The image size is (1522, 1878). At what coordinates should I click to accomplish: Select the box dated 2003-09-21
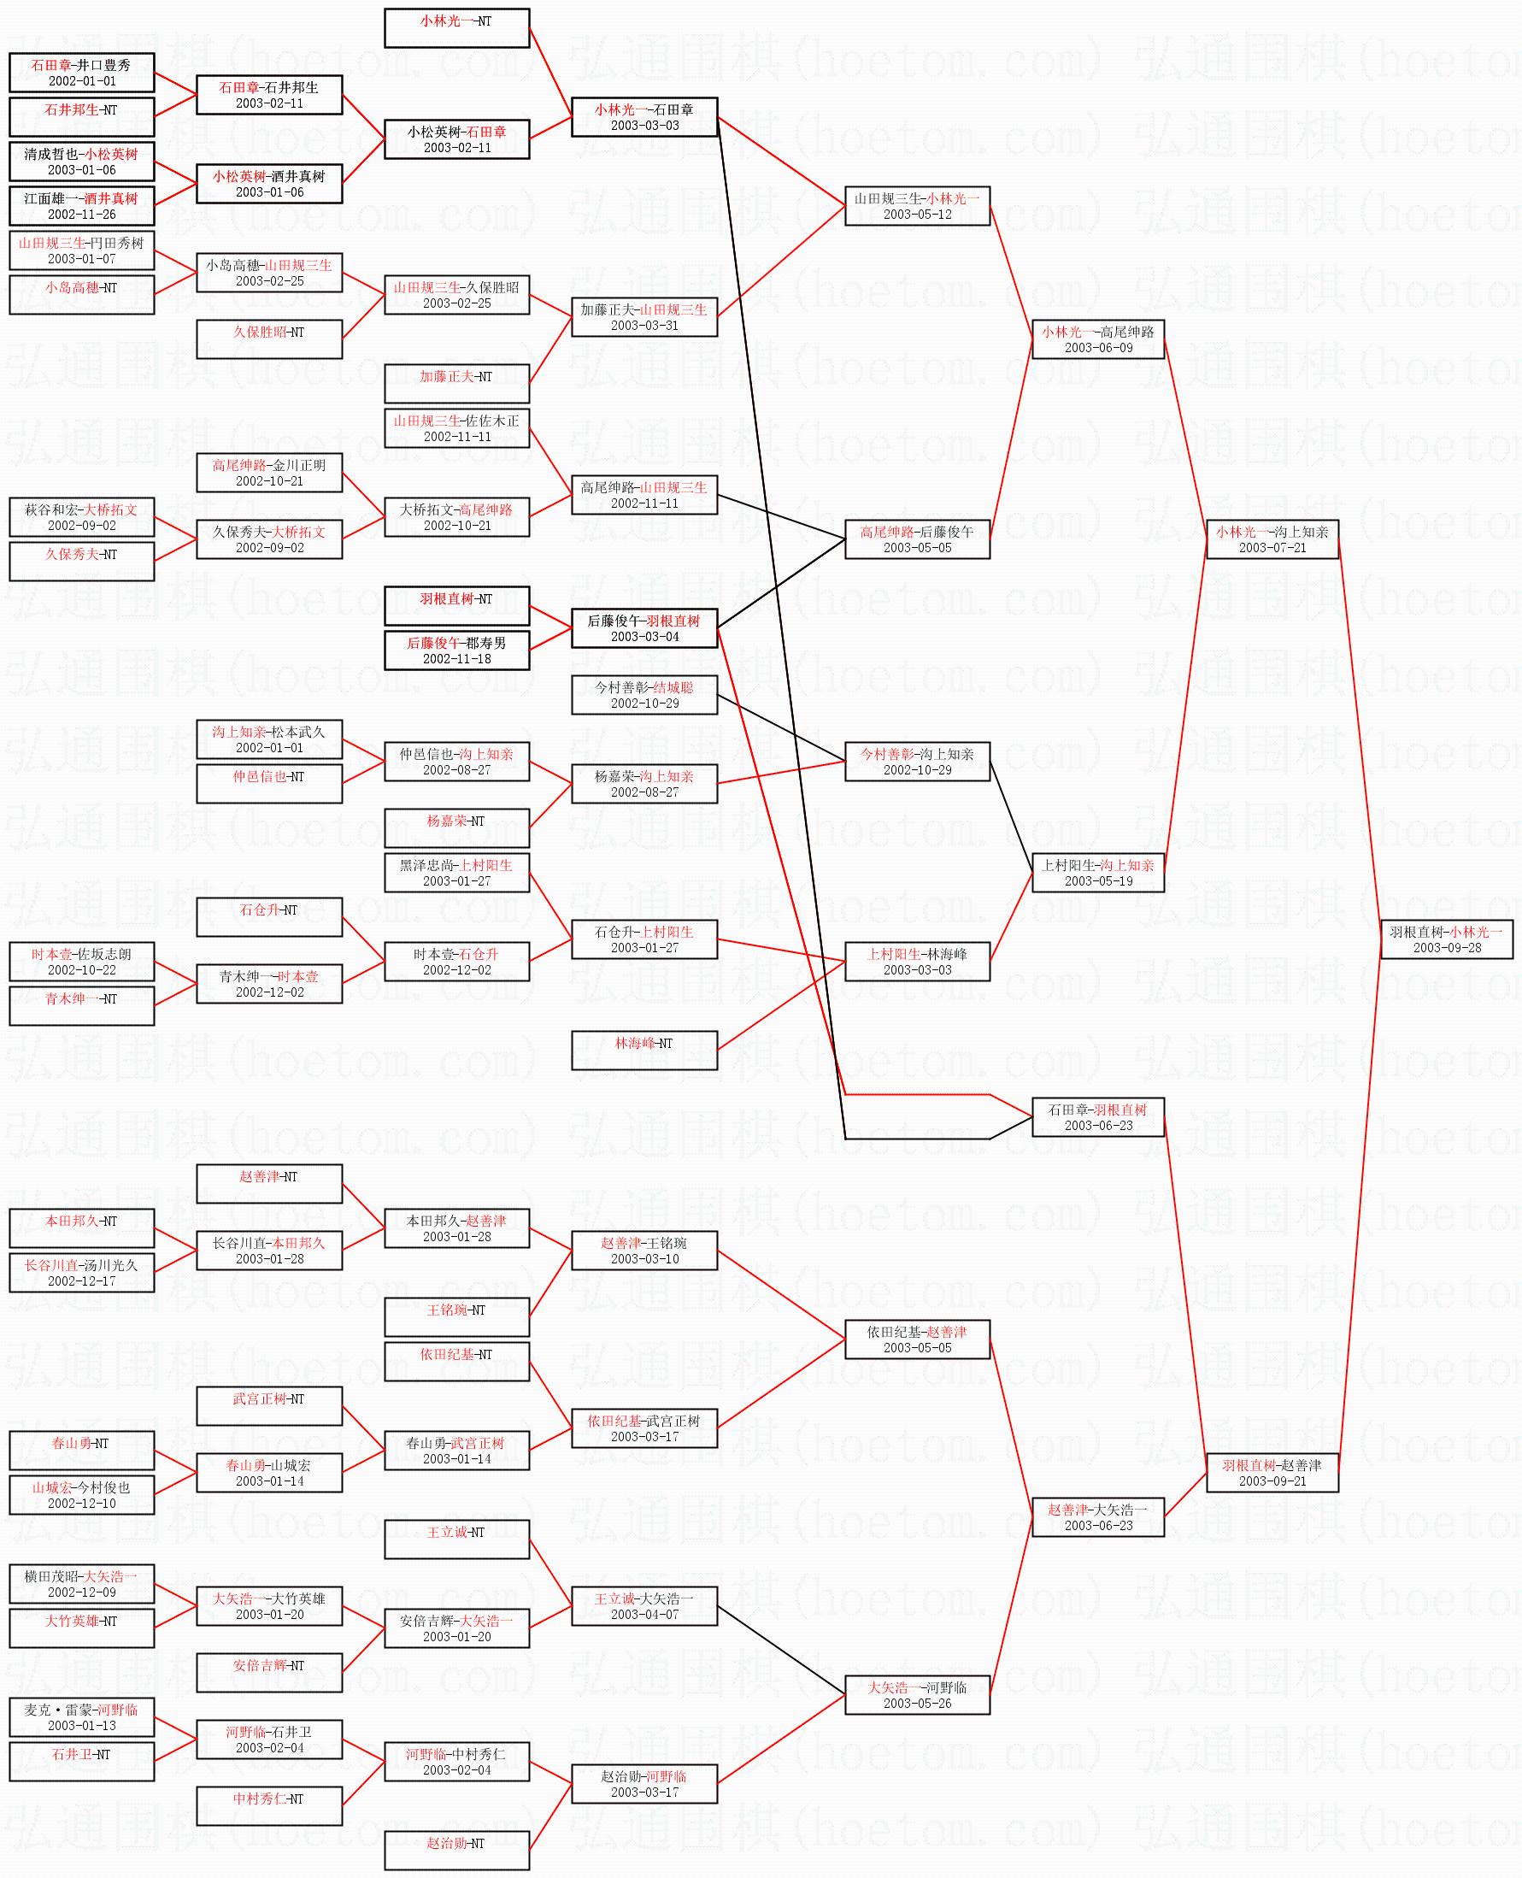tap(1272, 1472)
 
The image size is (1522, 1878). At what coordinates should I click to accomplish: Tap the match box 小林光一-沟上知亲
tap(1272, 539)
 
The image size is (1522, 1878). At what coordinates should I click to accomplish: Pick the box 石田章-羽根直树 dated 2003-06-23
tap(1097, 1117)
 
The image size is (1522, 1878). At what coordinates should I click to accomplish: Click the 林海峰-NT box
tap(644, 1051)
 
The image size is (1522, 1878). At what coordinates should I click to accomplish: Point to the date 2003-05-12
tap(917, 215)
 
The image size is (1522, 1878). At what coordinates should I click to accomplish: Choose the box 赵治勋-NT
tap(457, 1850)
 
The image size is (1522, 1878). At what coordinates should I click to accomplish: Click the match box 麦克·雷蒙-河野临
tap(81, 1716)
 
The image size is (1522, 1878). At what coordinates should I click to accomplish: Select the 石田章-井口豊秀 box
tap(81, 73)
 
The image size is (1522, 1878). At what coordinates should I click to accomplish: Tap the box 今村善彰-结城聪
tap(644, 695)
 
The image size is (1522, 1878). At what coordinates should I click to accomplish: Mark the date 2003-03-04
tap(644, 638)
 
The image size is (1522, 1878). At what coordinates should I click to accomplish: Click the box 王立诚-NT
tap(457, 1539)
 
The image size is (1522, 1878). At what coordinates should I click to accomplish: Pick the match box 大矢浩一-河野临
tap(917, 1695)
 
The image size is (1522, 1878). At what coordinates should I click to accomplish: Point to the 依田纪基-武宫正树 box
tap(644, 1428)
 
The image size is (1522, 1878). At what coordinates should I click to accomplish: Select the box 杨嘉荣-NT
tap(457, 828)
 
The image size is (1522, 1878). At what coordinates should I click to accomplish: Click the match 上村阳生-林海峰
tap(917, 962)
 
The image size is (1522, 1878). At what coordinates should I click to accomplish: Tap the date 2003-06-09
tap(1097, 348)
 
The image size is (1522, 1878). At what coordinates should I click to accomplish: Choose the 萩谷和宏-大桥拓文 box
tap(81, 517)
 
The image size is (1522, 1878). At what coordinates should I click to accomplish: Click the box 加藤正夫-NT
tap(457, 384)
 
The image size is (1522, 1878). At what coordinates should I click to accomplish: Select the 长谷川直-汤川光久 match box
tap(81, 1272)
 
